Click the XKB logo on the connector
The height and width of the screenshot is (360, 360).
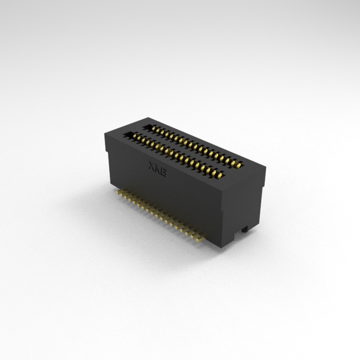[x=157, y=169]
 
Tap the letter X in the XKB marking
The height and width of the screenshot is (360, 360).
[x=152, y=166]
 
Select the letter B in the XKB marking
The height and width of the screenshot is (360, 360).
[x=163, y=172]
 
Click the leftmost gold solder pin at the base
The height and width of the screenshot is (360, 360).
[x=119, y=192]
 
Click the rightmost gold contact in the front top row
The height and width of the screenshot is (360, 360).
[x=221, y=176]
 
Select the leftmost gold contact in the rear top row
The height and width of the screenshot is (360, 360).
[x=154, y=129]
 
